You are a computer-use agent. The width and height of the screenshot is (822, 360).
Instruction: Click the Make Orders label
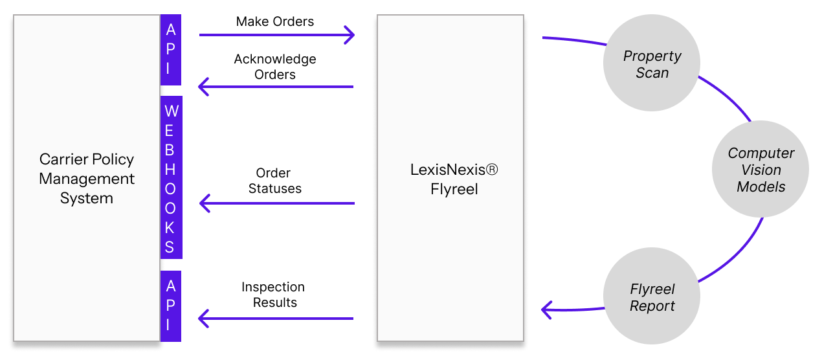(x=274, y=21)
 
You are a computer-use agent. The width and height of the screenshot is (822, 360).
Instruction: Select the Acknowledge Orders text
(x=275, y=67)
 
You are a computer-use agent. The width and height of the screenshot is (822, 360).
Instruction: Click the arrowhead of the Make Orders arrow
(x=350, y=35)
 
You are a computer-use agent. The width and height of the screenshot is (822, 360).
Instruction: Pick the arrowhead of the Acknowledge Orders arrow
(x=203, y=86)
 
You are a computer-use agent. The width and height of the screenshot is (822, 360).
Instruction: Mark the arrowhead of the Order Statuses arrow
(x=205, y=203)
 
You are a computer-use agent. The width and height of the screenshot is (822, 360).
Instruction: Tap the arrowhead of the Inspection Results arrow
(x=203, y=318)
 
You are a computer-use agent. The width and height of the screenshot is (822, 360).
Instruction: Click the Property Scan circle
(x=652, y=64)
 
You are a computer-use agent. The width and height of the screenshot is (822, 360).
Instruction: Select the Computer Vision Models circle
(x=761, y=170)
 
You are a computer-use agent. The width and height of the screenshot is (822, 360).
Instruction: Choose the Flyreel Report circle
(x=652, y=297)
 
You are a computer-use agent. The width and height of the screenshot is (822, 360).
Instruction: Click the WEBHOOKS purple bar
(x=171, y=179)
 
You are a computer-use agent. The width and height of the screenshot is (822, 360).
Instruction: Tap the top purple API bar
(x=171, y=49)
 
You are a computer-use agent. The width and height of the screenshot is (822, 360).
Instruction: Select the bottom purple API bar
(x=171, y=306)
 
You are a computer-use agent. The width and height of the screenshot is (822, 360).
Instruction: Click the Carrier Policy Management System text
(x=87, y=179)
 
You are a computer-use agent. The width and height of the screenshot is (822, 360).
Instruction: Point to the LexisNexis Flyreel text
(x=454, y=179)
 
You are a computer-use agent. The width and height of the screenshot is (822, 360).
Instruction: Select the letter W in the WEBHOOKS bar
(x=171, y=111)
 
